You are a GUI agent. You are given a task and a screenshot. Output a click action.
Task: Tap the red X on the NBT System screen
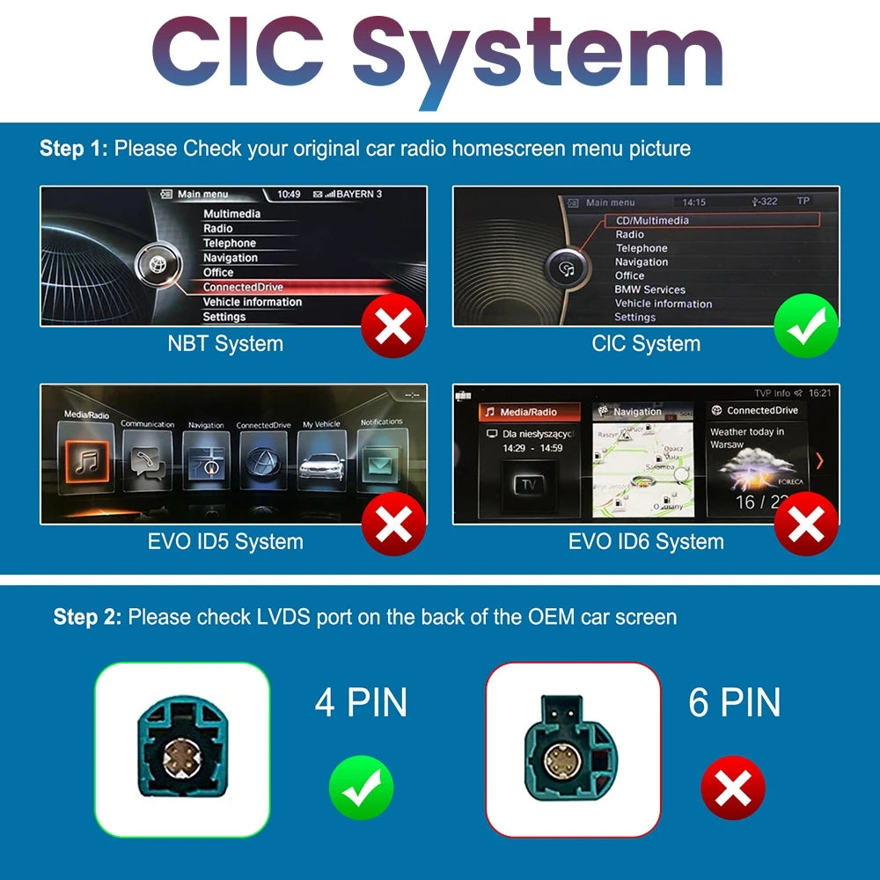pyautogui.click(x=393, y=326)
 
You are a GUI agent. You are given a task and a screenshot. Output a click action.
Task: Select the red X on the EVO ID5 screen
pyautogui.click(x=393, y=524)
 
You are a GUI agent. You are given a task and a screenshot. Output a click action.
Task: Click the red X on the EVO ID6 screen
pyautogui.click(x=806, y=524)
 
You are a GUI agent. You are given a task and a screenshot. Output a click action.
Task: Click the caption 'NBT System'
pyautogui.click(x=225, y=344)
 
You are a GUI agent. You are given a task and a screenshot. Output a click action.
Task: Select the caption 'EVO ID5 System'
pyautogui.click(x=225, y=542)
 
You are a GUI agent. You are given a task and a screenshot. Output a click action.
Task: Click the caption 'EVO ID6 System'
pyautogui.click(x=646, y=542)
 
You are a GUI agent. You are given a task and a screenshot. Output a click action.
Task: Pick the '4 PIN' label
pyautogui.click(x=361, y=702)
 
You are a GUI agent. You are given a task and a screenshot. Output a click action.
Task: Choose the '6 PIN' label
pyautogui.click(x=735, y=702)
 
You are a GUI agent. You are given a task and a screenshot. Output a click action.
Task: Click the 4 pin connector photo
pyautogui.click(x=182, y=749)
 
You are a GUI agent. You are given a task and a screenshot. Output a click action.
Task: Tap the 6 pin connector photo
pyautogui.click(x=573, y=749)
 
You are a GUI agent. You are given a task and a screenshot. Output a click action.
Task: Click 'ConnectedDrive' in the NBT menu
pyautogui.click(x=243, y=287)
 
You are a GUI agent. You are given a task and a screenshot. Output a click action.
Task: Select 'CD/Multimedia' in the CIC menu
pyautogui.click(x=652, y=220)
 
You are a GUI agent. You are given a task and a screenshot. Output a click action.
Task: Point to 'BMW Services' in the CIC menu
pyautogui.click(x=649, y=290)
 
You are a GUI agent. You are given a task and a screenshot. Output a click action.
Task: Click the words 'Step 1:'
pyautogui.click(x=74, y=149)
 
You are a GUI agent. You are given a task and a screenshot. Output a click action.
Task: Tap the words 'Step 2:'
pyautogui.click(x=87, y=617)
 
